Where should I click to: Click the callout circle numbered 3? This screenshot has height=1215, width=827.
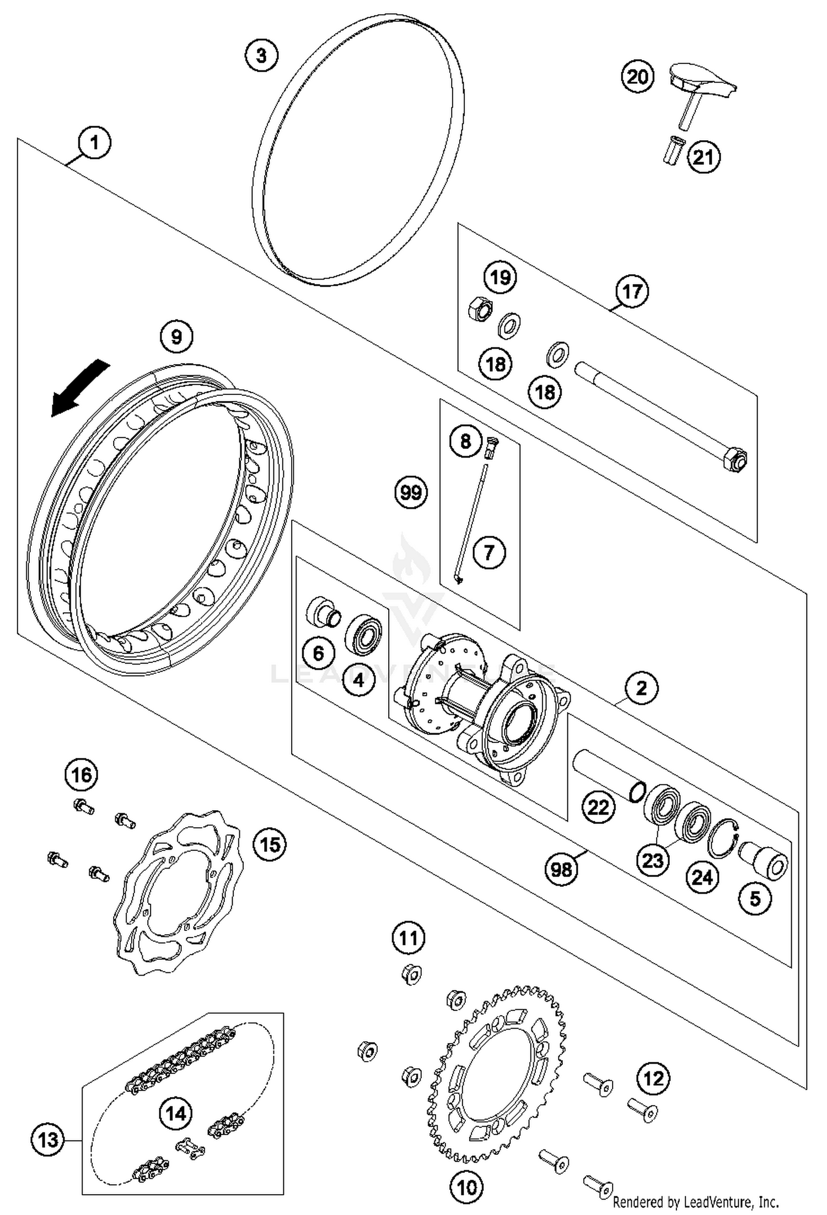261,55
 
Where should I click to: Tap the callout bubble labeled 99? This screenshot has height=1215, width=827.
411,492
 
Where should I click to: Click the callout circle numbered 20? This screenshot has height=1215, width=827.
637,76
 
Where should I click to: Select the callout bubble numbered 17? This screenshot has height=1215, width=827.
632,291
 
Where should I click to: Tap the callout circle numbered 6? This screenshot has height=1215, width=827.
319,653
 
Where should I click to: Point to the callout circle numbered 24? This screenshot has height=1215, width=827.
702,877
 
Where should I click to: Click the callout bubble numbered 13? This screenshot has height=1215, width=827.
48,1139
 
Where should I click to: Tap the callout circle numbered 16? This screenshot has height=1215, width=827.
82,775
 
